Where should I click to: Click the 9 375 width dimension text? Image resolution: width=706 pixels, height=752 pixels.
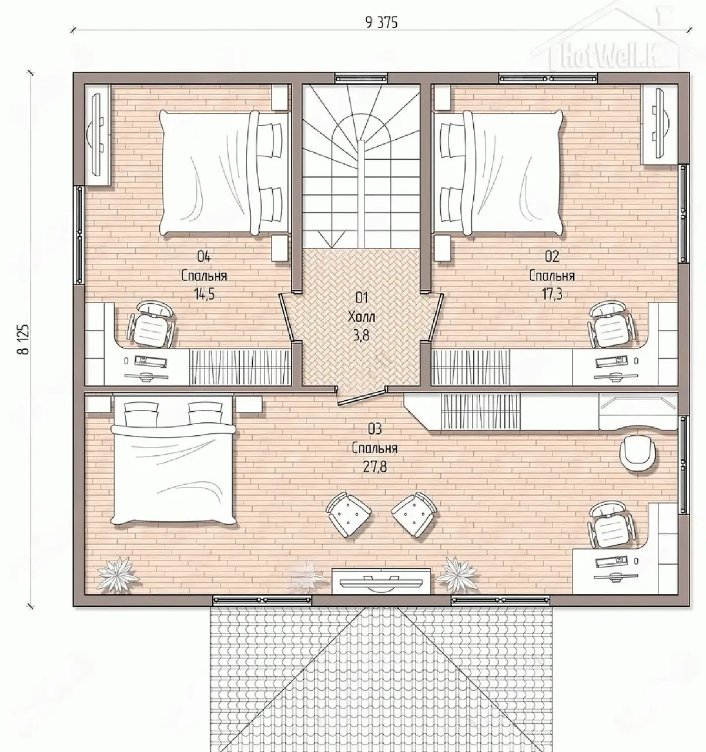382,23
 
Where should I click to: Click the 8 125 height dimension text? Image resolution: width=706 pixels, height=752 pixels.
23,339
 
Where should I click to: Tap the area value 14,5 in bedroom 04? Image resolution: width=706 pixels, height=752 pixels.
204,293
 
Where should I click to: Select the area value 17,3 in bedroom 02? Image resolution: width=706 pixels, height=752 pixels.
552,293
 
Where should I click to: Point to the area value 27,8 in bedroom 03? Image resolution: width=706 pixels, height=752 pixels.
375,467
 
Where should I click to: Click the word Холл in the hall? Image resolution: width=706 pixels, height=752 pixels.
362,316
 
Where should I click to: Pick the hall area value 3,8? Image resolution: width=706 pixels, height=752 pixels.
361,335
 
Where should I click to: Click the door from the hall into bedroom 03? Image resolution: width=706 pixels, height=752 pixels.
362,396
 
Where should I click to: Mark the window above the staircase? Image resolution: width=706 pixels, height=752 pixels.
362,78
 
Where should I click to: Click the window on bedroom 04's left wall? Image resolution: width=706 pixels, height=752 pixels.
79,235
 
